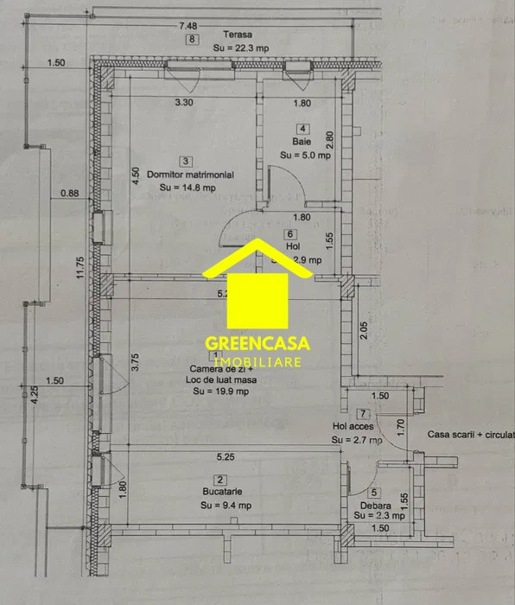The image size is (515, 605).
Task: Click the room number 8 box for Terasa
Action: (192, 40)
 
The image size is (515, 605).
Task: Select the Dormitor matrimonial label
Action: (190, 175)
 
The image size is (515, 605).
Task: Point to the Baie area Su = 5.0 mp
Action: (305, 156)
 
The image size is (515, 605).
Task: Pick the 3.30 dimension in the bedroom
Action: (184, 103)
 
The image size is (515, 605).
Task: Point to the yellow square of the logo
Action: (257, 297)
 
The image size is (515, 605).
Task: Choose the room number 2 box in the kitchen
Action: (220, 481)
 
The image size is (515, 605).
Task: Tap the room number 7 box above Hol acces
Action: (364, 414)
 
